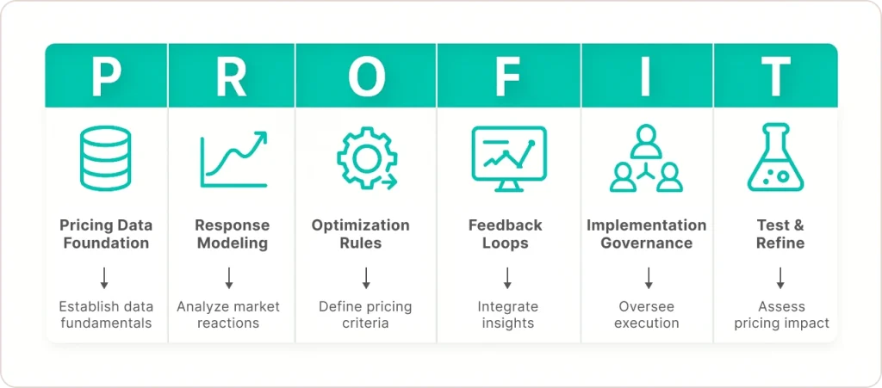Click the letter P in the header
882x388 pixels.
point(106,76)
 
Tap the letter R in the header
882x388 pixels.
point(231,76)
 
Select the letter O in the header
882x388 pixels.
point(367,76)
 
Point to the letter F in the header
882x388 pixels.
point(507,76)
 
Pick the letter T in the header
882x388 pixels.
point(776,76)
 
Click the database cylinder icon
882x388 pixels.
point(106,157)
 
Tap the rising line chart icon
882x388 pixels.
point(233,159)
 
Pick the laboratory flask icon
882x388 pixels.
point(776,157)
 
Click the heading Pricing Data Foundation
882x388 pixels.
point(106,234)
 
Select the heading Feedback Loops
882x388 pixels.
point(505,234)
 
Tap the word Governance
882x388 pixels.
point(646,243)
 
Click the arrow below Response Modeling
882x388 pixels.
point(229,278)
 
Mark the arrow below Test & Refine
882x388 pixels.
point(780,278)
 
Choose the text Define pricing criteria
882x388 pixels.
point(365,315)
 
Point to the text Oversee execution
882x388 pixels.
point(646,315)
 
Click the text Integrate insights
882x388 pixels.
point(508,315)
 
